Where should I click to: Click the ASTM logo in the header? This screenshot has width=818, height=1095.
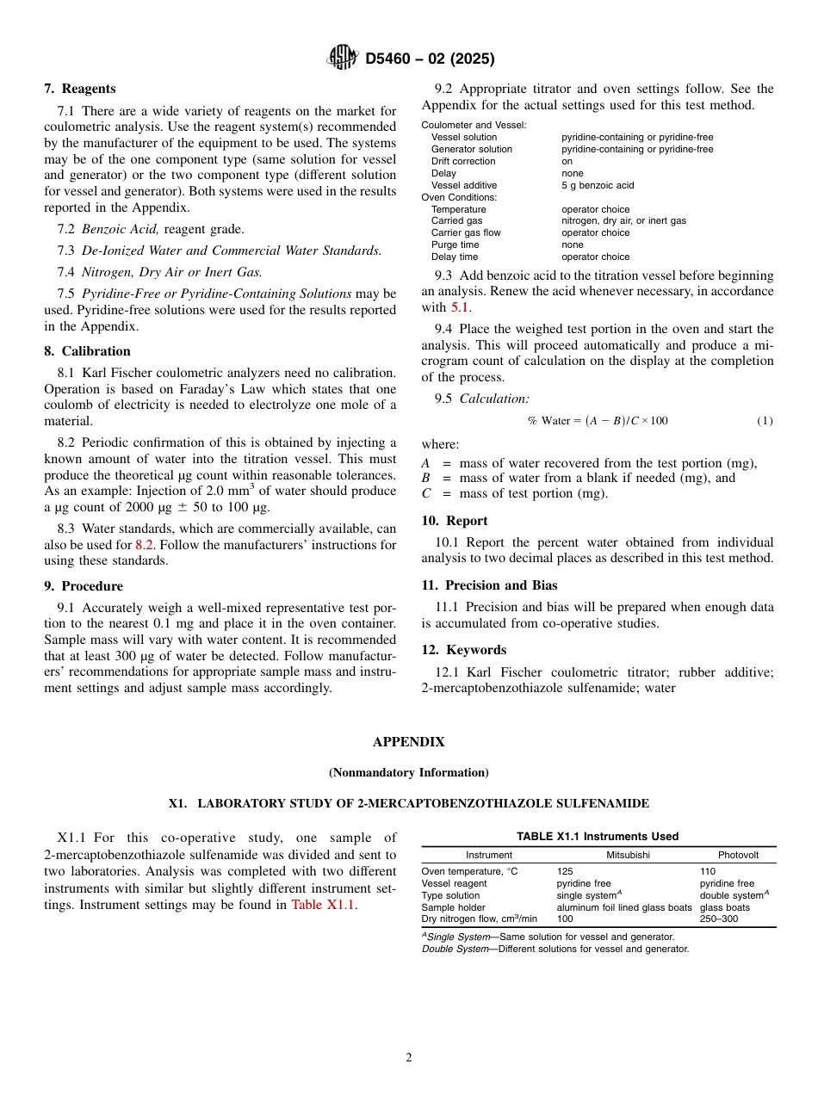pos(342,59)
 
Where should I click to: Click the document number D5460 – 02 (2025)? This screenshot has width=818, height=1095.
pos(430,59)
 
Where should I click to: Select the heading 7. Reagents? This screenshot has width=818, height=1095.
pos(80,89)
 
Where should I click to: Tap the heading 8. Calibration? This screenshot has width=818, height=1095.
pos(87,351)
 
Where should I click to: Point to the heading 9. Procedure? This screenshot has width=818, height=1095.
pos(84,586)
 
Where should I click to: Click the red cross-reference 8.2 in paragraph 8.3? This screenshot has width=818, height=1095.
pos(146,545)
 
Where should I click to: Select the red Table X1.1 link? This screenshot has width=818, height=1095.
pos(323,905)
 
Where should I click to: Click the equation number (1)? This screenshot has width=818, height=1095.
pos(765,421)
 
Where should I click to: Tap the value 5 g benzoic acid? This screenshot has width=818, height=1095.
pos(598,185)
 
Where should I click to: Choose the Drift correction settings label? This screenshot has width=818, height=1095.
pos(463,161)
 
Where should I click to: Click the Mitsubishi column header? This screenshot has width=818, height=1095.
pos(628,855)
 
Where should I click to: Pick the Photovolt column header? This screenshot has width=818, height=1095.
pos(738,855)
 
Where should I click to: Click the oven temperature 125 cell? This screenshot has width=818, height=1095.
pos(565,871)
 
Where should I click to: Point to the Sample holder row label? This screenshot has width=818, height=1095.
pos(453,907)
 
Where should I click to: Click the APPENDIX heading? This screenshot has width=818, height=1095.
pos(408,742)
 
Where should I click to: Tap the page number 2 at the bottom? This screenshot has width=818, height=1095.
pos(409,1058)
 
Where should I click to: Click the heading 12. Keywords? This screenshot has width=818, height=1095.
pos(463,650)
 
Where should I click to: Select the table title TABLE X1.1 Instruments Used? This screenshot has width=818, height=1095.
pos(598,836)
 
